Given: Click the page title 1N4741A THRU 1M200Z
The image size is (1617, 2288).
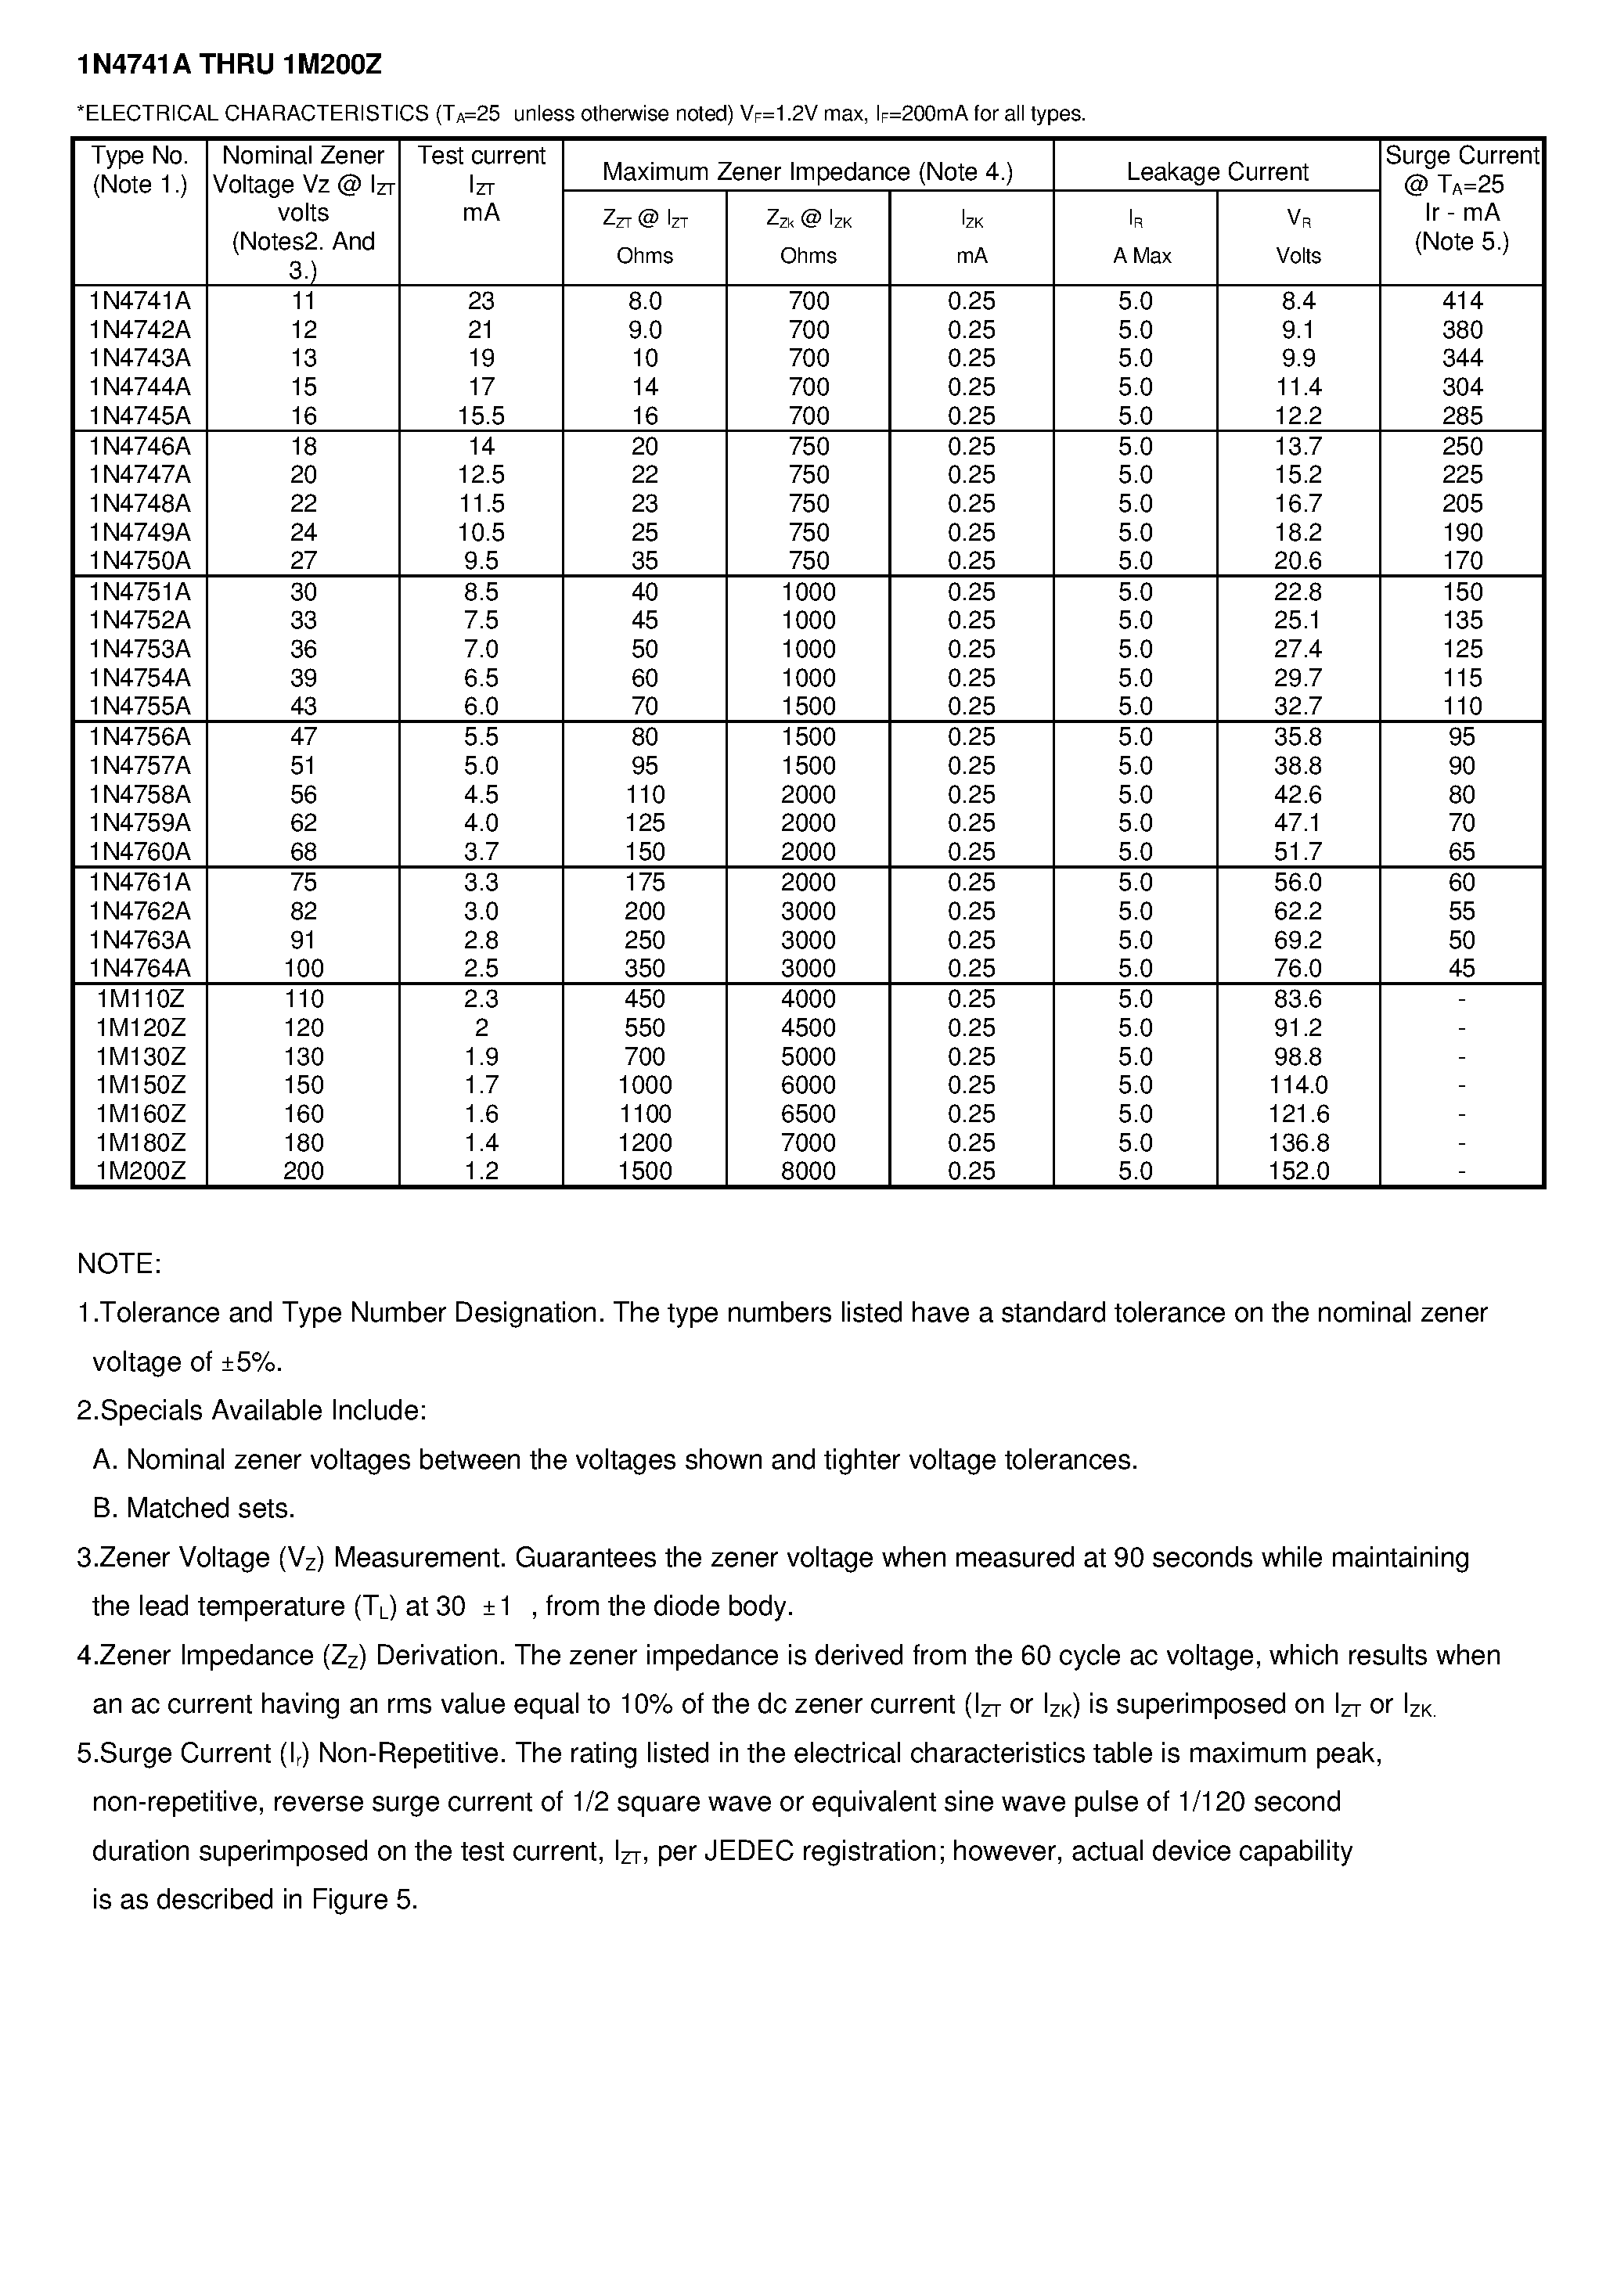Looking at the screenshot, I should click(x=229, y=66).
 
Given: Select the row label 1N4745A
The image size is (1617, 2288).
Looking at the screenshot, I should click(x=139, y=416).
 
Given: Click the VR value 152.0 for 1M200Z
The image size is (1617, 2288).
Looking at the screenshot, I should click(x=1298, y=1171).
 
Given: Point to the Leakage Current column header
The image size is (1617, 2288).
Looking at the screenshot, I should click(x=1216, y=171).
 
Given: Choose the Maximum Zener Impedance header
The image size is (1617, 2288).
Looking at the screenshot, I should click(x=808, y=171).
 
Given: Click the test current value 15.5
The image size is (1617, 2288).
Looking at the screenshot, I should click(x=481, y=416).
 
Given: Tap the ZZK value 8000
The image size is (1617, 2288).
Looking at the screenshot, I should click(x=808, y=1171).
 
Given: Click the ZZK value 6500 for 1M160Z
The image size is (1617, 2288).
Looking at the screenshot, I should click(x=808, y=1114).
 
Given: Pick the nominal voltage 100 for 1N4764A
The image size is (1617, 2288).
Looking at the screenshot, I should click(x=303, y=969).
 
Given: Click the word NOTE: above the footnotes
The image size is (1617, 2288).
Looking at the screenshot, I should click(x=119, y=1265).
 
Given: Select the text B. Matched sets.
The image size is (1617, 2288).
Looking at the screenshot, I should click(x=193, y=1509).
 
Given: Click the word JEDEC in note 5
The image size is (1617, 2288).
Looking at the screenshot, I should click(x=750, y=1851).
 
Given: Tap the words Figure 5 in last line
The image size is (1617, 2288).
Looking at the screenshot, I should click(x=362, y=1899).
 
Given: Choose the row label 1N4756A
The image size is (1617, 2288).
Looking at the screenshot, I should click(x=139, y=737).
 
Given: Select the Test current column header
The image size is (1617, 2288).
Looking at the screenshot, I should click(x=481, y=156).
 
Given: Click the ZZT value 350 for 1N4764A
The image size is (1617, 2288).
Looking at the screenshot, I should click(x=644, y=969).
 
